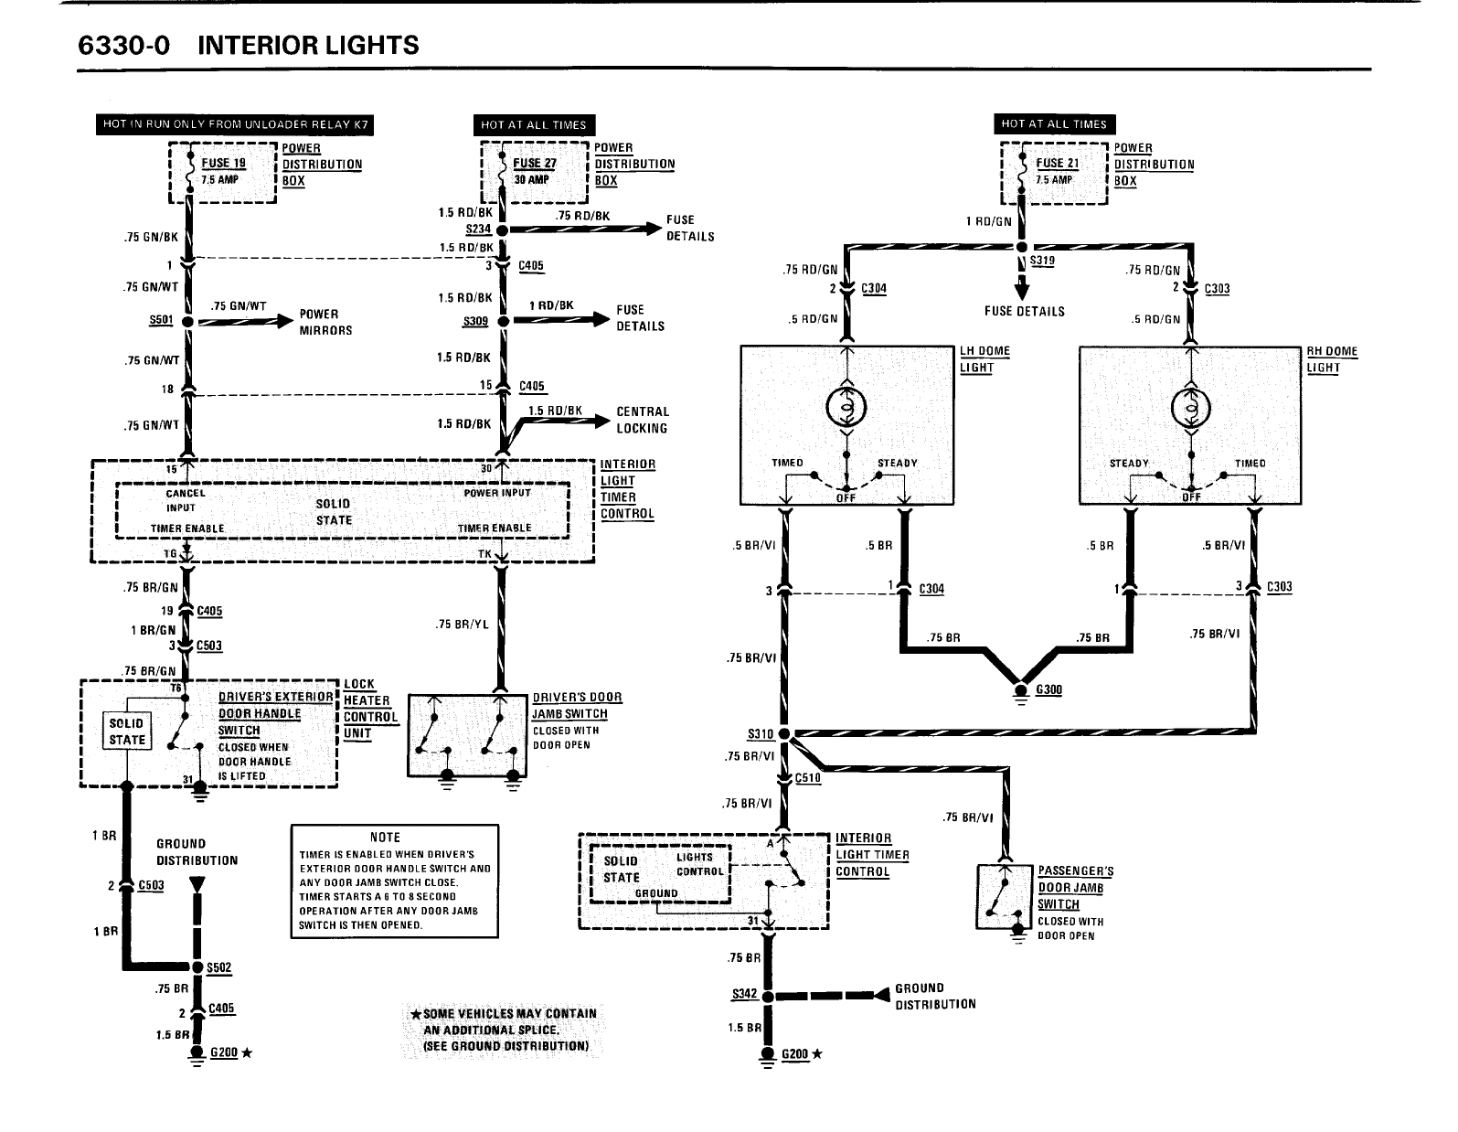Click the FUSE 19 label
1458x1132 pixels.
click(224, 164)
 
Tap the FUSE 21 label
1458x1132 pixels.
click(1057, 164)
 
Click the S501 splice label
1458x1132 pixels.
click(160, 321)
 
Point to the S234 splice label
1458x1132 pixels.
click(478, 230)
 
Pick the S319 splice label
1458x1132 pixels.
click(1042, 262)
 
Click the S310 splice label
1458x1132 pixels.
click(761, 734)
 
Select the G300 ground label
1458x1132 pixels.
click(1048, 689)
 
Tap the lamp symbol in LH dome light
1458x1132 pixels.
click(846, 408)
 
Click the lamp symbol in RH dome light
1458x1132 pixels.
click(1191, 408)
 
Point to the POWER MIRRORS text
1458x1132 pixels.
click(325, 322)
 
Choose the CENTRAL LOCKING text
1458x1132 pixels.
click(642, 420)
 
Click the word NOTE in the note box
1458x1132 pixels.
click(385, 837)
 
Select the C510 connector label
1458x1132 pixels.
click(808, 778)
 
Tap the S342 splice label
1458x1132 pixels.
click(745, 995)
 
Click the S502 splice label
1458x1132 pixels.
click(219, 966)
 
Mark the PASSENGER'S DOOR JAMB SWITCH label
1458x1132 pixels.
click(1075, 887)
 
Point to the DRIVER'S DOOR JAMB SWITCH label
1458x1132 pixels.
click(577, 705)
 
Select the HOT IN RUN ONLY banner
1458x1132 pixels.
click(237, 124)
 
